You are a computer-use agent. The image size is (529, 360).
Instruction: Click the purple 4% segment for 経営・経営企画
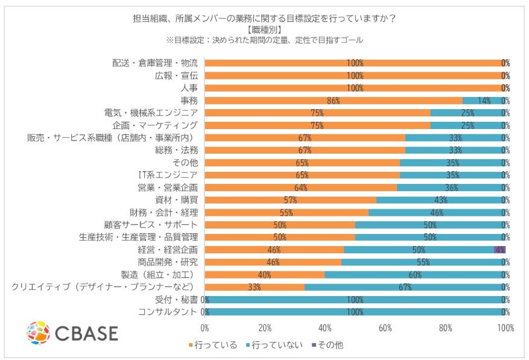499,250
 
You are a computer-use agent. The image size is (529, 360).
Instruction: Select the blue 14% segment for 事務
483,101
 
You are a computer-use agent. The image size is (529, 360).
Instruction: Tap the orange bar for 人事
355,88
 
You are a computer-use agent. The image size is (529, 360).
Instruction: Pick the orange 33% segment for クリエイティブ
255,287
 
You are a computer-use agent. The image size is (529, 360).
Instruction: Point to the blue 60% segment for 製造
415,274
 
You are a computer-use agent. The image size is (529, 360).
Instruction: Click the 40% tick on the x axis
325,328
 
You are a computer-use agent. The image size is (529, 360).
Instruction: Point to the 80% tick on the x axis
445,328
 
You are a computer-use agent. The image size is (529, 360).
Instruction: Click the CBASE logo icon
38,332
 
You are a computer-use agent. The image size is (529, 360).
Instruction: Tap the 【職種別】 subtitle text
264,29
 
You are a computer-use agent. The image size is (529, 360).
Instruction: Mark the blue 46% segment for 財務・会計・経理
437,212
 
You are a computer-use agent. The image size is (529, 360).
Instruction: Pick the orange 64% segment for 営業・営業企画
301,188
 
